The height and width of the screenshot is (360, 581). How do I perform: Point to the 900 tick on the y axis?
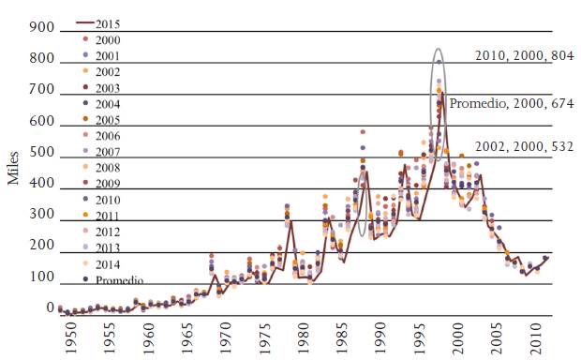coord(42,28)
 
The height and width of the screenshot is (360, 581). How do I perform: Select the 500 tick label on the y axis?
coord(42,154)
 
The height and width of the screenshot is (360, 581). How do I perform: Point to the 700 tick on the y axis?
coord(42,91)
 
